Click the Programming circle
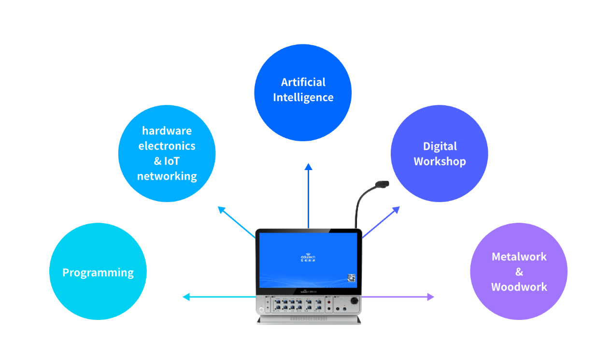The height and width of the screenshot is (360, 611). pyautogui.click(x=98, y=272)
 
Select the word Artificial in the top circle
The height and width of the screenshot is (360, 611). pyautogui.click(x=303, y=82)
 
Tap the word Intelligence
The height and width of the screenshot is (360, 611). pyautogui.click(x=303, y=97)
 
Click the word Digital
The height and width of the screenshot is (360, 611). pyautogui.click(x=440, y=146)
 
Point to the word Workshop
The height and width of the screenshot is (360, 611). pyautogui.click(x=440, y=161)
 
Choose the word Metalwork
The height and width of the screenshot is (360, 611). pyautogui.click(x=519, y=257)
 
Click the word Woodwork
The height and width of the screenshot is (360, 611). pyautogui.click(x=519, y=287)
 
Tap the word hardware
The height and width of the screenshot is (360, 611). pyautogui.click(x=167, y=130)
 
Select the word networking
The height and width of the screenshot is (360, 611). pyautogui.click(x=167, y=176)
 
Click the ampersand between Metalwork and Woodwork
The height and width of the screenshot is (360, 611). pyautogui.click(x=519, y=272)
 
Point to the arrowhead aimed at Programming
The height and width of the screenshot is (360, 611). pyautogui.click(x=186, y=297)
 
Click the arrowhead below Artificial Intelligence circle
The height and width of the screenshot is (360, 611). pyautogui.click(x=308, y=167)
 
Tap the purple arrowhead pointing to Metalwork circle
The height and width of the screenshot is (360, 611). pyautogui.click(x=430, y=297)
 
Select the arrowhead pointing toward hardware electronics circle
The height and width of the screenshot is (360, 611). pyautogui.click(x=222, y=210)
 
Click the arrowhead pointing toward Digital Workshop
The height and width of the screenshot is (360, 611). pyautogui.click(x=396, y=210)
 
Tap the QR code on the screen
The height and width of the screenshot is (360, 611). pyautogui.click(x=351, y=278)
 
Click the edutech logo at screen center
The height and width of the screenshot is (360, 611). pyautogui.click(x=308, y=258)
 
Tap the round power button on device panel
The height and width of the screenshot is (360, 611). pyautogui.click(x=262, y=310)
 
